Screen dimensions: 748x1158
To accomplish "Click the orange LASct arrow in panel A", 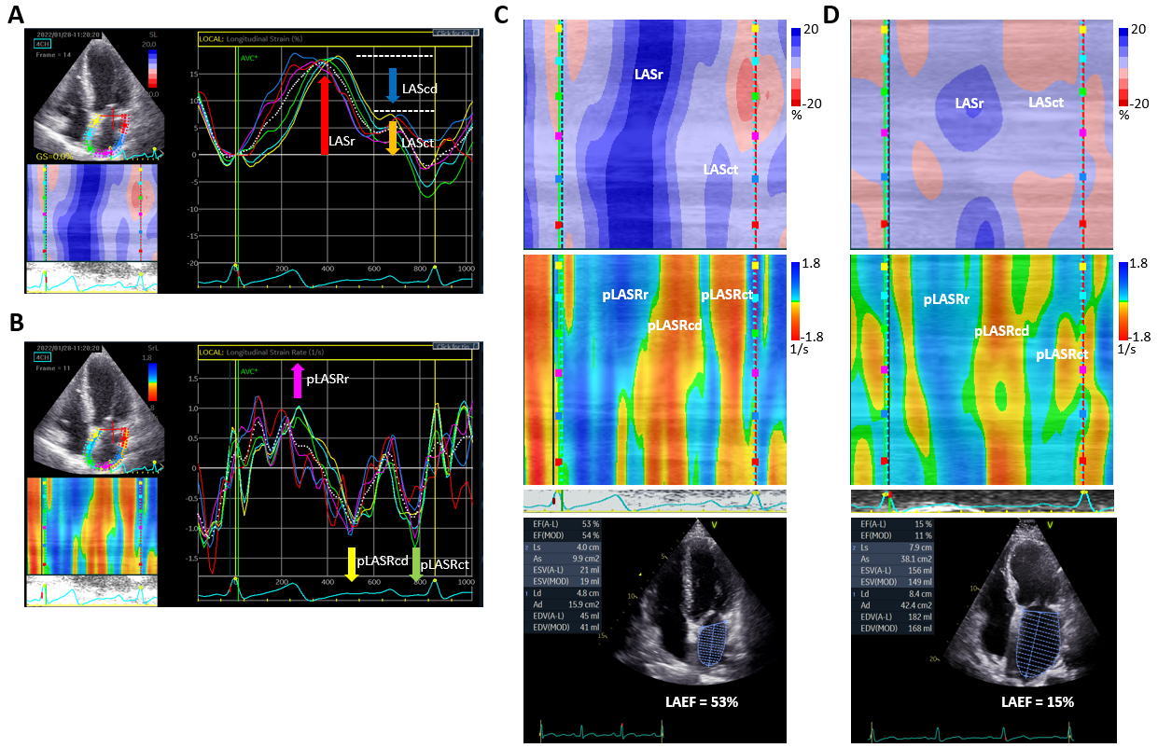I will pos(392,137).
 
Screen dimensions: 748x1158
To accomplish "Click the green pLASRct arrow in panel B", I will pos(415,564).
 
